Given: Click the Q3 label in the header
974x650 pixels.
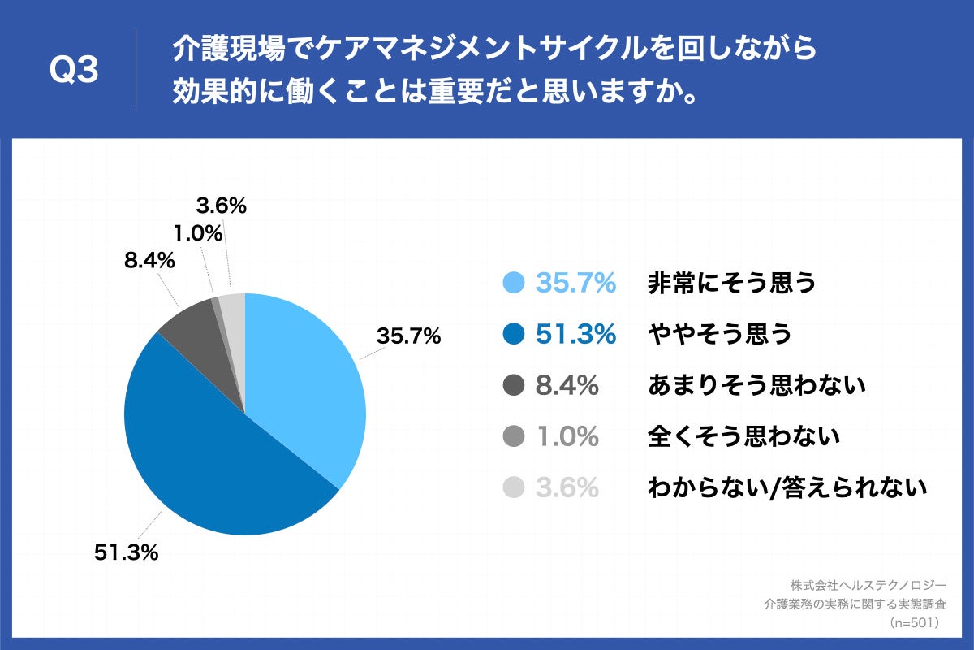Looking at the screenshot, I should click(x=74, y=71).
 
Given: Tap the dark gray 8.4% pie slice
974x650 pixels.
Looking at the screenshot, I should click(x=199, y=341).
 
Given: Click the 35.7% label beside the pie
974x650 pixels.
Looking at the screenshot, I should click(x=408, y=336).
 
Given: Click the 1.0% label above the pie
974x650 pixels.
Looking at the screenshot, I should click(x=198, y=234).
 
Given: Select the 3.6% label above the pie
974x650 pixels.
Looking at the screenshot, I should click(x=221, y=206).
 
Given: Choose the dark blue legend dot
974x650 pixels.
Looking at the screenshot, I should click(x=513, y=334).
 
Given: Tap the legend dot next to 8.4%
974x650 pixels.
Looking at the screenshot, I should click(x=513, y=385).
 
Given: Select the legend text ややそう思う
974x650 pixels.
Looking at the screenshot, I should click(x=719, y=334).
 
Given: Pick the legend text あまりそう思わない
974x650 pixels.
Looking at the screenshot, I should click(x=756, y=385).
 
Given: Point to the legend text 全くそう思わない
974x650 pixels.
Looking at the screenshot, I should click(x=743, y=436).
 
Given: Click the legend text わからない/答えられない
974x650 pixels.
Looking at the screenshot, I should click(x=787, y=487).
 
